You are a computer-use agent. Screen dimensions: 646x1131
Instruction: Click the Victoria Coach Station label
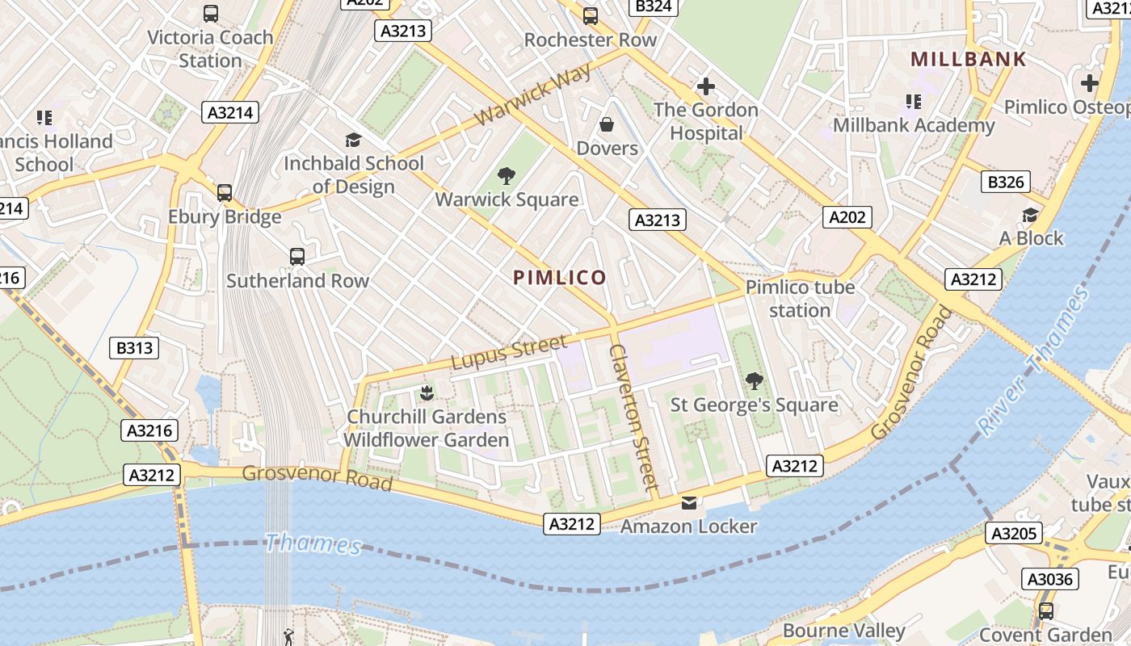coord(210,48)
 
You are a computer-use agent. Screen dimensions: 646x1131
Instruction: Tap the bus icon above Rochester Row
coord(591,15)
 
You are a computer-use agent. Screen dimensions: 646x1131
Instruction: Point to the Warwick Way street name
coord(533,94)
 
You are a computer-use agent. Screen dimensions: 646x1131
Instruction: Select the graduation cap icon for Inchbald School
coord(353,141)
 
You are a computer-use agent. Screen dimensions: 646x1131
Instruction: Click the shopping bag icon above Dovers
coord(607,124)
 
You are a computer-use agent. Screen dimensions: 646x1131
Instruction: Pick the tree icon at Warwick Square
coord(507,175)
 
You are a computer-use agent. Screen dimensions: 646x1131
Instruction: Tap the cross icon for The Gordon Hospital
coord(706,86)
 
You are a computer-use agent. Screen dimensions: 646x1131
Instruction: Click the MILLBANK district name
coord(968,59)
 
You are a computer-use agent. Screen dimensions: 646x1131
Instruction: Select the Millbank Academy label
coord(914,125)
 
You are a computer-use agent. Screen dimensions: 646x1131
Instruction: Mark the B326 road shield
coord(1006,182)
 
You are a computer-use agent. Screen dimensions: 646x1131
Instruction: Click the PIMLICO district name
coord(559,278)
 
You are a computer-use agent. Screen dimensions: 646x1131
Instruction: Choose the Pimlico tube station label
coord(800,299)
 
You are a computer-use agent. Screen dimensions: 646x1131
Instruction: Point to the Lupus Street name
coord(508,352)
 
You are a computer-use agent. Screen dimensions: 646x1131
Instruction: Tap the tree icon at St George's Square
coord(755,380)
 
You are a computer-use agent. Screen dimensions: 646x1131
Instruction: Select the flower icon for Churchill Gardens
coord(426,393)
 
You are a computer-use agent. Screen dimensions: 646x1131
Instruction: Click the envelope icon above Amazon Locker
coord(688,503)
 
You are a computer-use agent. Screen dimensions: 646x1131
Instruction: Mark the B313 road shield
coord(134,348)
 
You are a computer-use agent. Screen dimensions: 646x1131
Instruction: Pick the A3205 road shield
coord(1013,533)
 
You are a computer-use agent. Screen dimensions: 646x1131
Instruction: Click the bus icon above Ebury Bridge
coord(225,193)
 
